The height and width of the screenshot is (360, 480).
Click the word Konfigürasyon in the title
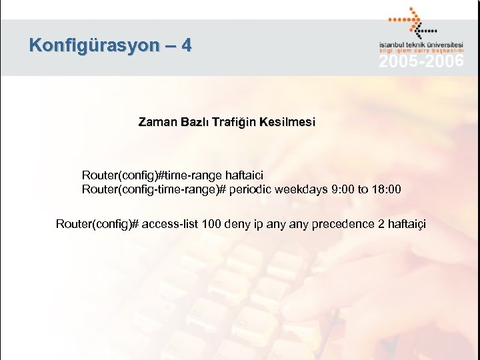click(x=94, y=45)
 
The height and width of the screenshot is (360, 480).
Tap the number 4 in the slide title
click(x=186, y=45)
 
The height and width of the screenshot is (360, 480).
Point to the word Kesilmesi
click(x=287, y=123)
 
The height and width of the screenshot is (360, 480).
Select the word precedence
click(x=339, y=223)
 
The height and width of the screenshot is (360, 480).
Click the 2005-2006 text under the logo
click(x=421, y=62)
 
